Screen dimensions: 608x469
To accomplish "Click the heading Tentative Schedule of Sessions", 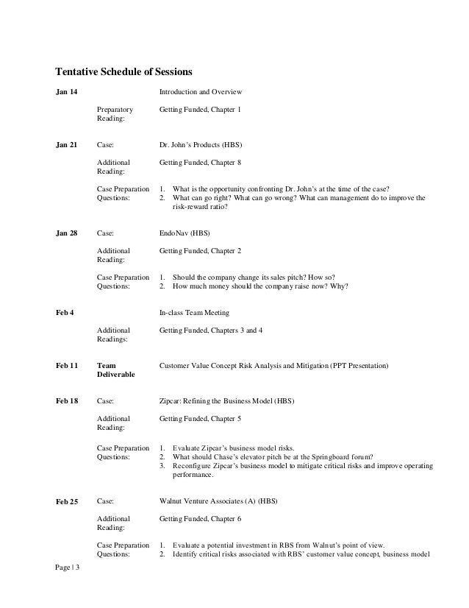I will coord(123,72).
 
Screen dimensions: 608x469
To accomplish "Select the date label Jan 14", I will coord(67,92).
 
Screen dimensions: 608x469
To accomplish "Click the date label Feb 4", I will coord(65,312).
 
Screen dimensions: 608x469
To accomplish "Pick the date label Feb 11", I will coord(67,365).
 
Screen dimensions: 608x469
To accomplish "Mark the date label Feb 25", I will coord(67,502).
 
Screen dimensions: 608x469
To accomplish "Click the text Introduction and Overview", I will coord(201,92).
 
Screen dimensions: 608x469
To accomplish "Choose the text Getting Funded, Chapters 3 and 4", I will coord(211,330).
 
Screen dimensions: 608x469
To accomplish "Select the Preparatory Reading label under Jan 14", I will coord(115,114).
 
